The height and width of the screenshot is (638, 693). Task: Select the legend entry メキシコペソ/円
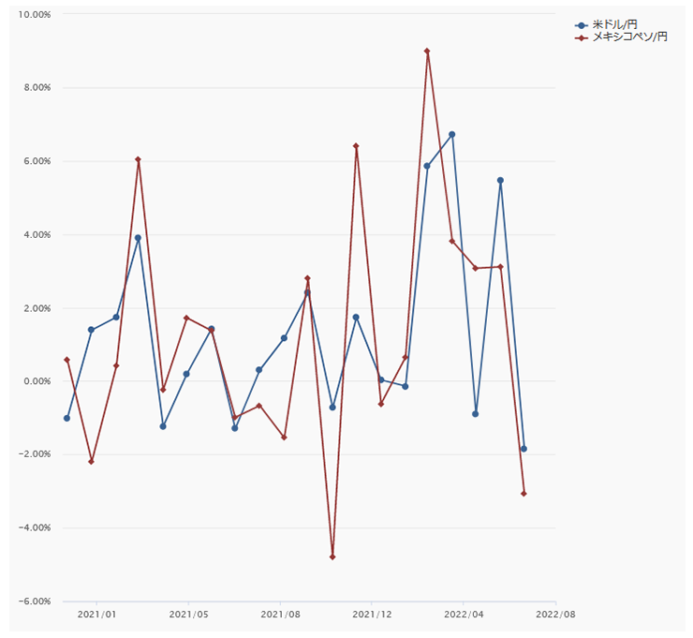(x=623, y=37)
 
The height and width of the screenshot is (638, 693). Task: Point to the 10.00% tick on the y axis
(x=35, y=15)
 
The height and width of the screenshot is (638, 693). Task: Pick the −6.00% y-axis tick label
(x=35, y=601)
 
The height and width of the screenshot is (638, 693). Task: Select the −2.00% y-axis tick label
(x=35, y=454)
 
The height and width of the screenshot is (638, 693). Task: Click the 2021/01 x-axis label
(x=96, y=615)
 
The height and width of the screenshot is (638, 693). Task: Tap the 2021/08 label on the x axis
(x=280, y=615)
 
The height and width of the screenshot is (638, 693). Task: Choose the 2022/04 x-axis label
(x=464, y=615)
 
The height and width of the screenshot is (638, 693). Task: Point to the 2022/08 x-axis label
(x=555, y=615)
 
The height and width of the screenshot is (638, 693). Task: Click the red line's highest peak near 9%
(x=427, y=52)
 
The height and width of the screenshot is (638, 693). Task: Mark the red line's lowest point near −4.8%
(x=332, y=557)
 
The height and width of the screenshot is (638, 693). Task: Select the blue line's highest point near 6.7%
(x=451, y=134)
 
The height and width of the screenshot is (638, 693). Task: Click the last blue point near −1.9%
(x=523, y=449)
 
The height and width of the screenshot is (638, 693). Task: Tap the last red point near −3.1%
(x=523, y=494)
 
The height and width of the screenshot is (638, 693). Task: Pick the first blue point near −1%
(x=66, y=418)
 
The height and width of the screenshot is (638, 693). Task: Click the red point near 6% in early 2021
(x=138, y=159)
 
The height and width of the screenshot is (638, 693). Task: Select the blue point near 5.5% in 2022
(x=500, y=180)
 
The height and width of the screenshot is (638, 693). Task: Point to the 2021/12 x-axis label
(x=372, y=615)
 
